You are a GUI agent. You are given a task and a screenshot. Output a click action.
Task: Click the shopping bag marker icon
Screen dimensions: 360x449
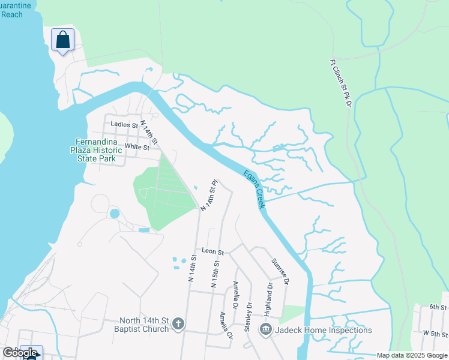(x=62, y=40)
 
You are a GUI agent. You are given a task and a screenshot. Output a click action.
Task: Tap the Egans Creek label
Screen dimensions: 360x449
(x=255, y=190)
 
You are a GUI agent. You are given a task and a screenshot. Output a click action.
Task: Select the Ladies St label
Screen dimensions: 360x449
(x=124, y=125)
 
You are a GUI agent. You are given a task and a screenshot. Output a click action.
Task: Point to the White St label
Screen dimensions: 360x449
(x=137, y=146)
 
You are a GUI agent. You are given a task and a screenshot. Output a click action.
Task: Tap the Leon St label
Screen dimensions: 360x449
(x=212, y=252)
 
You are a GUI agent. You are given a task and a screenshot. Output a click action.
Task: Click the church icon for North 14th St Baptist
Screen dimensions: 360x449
(x=178, y=325)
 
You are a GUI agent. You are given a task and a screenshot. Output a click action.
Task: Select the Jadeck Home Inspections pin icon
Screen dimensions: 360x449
(x=266, y=329)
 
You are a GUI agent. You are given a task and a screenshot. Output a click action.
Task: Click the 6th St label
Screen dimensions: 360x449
(x=437, y=307)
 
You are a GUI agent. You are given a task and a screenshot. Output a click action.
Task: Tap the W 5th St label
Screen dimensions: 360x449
(x=435, y=333)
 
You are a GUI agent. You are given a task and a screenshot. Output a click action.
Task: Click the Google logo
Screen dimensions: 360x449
(x=20, y=353)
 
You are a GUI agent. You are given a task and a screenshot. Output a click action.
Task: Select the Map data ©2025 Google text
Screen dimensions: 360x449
(x=412, y=355)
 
